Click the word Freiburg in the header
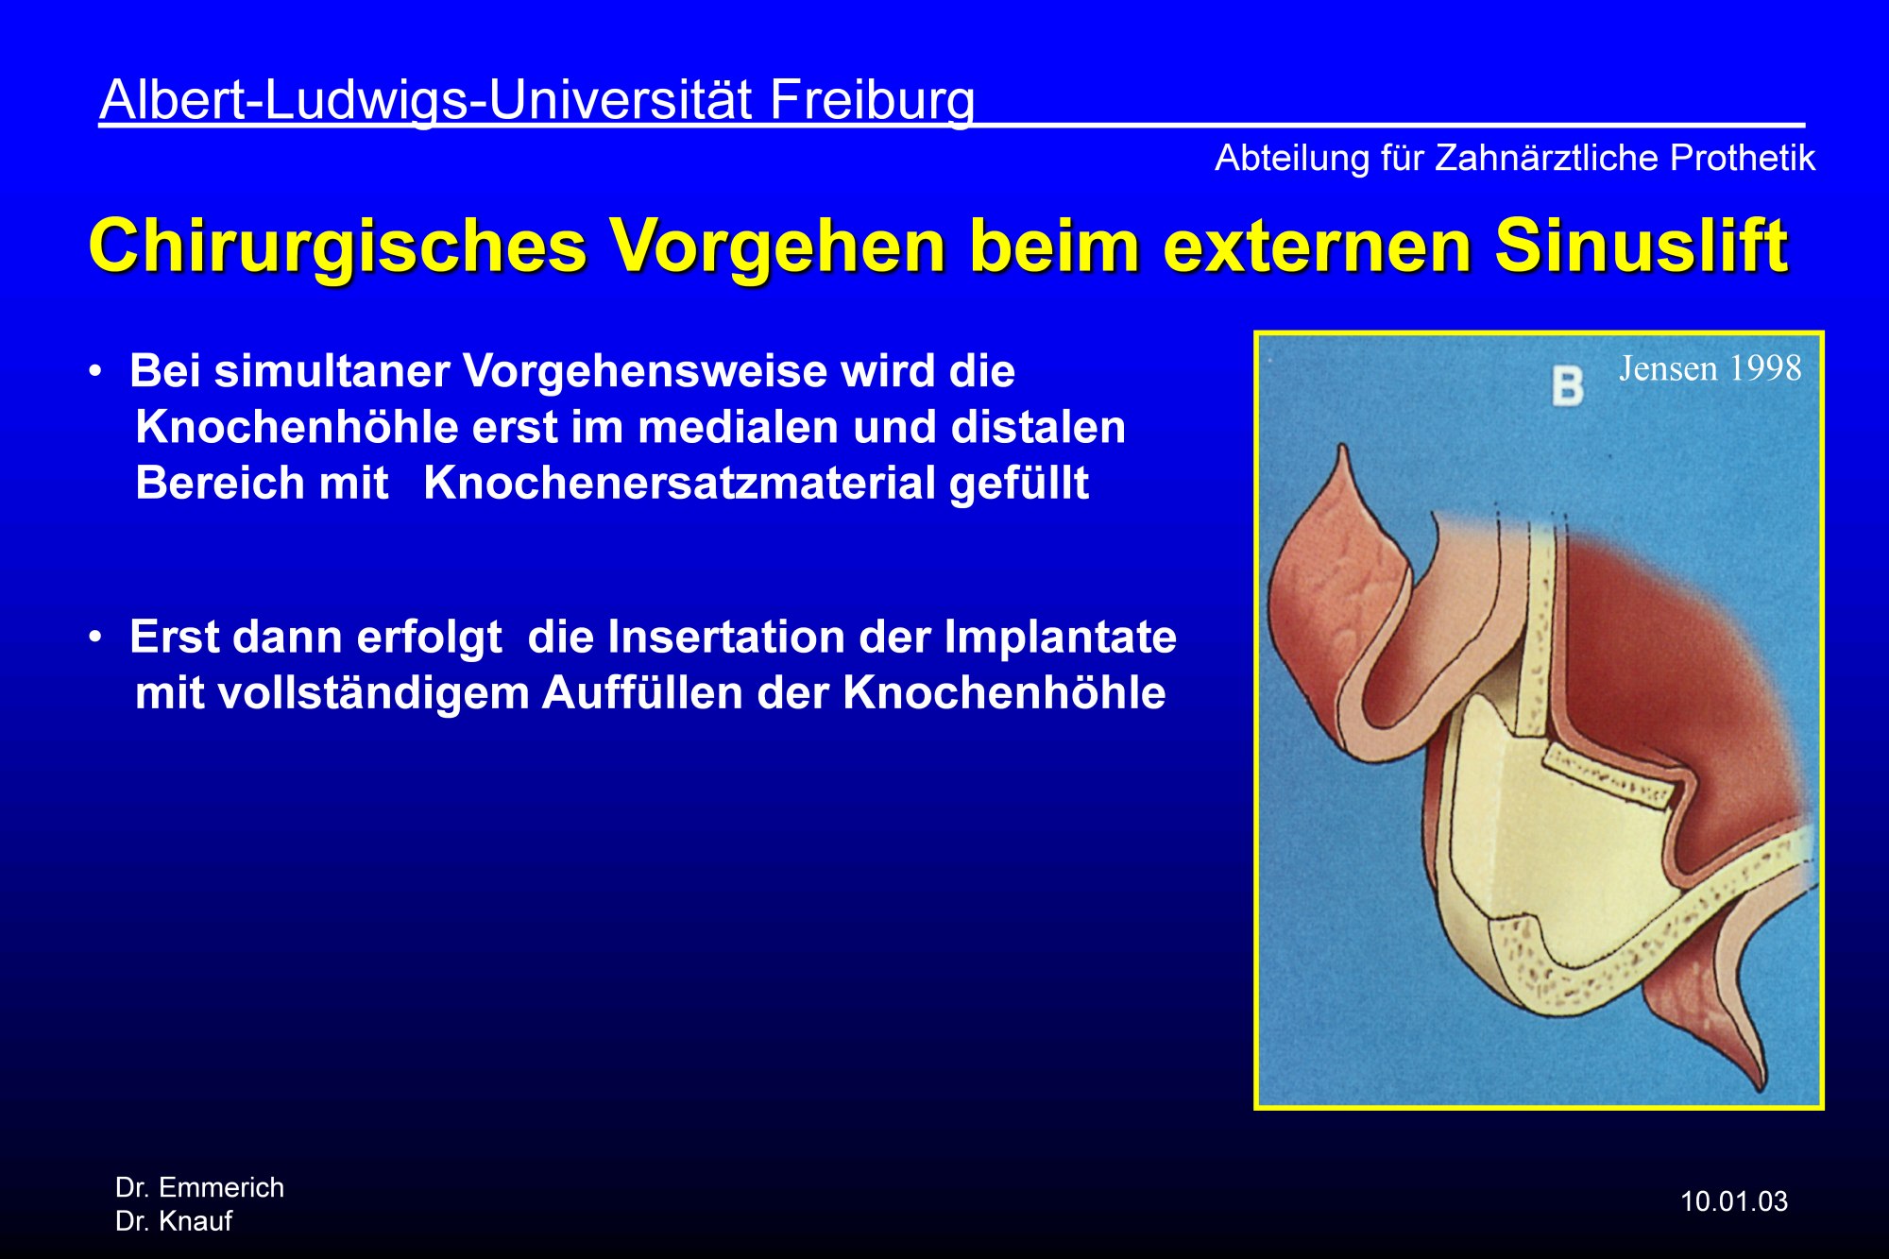pyautogui.click(x=872, y=101)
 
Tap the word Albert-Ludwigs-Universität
pyautogui.click(x=426, y=99)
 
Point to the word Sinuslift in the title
pyautogui.click(x=1642, y=246)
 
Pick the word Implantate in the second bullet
pyautogui.click(x=1061, y=638)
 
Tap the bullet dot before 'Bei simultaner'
pyautogui.click(x=95, y=371)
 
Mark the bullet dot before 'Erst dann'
pyautogui.click(x=95, y=638)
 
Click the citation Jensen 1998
pyautogui.click(x=1710, y=368)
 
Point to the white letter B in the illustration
pyautogui.click(x=1568, y=385)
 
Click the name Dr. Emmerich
pyautogui.click(x=199, y=1187)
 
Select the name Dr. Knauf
pyautogui.click(x=174, y=1221)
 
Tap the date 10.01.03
pyautogui.click(x=1734, y=1201)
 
